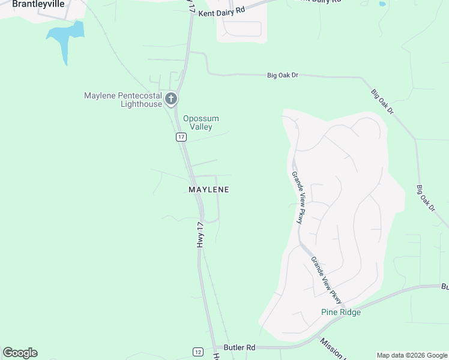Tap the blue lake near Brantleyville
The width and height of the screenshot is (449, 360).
(65, 37)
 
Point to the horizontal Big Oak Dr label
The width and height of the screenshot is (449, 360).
(283, 75)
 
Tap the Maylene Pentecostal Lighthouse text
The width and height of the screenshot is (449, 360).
(123, 100)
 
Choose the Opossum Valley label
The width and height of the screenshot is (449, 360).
(200, 122)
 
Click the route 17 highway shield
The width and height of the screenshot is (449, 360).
(181, 137)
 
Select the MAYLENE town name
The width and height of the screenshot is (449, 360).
(209, 190)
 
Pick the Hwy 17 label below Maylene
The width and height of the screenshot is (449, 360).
(201, 233)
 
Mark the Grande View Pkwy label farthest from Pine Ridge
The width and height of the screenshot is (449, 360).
(298, 197)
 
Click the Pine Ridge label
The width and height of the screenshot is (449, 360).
(341, 312)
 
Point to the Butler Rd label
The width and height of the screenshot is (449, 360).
(240, 347)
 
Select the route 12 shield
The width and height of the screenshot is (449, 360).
(197, 352)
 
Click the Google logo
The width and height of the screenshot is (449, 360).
(20, 353)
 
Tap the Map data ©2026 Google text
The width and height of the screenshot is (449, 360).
(412, 355)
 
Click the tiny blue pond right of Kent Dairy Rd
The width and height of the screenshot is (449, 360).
(382, 4)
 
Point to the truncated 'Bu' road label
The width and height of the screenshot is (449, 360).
(444, 287)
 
